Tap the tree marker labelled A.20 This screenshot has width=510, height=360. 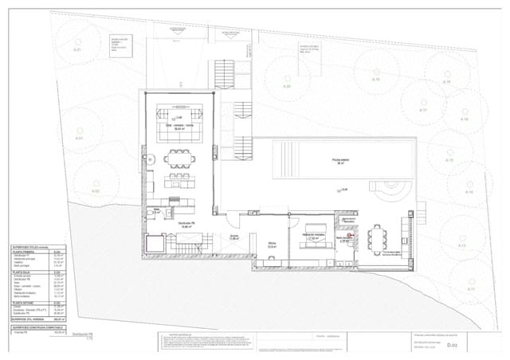[x=288, y=86]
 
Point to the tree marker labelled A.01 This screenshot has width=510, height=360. [x=80, y=139]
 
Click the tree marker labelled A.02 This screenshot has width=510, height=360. [x=96, y=192]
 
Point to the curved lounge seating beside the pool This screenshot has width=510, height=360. [x=395, y=190]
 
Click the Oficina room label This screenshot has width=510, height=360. [x=272, y=245]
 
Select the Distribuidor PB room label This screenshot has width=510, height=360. [x=188, y=225]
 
